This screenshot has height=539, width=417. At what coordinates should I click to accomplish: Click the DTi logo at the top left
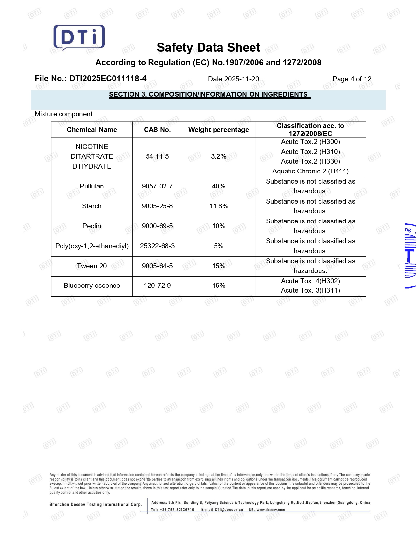point(79,37)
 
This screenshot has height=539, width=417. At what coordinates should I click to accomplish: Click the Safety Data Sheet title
point(208,48)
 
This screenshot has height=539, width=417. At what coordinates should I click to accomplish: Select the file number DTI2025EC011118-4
point(108,79)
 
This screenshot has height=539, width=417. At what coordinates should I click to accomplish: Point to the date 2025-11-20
point(241,79)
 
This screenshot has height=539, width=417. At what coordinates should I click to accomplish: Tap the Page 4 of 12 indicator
point(352,79)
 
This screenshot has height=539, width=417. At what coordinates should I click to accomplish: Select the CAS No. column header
point(157,130)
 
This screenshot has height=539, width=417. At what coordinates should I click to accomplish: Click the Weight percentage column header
point(218,130)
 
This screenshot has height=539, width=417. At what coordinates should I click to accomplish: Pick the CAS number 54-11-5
point(157,156)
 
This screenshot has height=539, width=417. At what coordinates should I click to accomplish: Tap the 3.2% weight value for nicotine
point(218,156)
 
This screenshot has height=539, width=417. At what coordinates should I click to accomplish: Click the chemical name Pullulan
point(92,186)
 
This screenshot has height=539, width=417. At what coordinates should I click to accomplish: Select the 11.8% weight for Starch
point(218,206)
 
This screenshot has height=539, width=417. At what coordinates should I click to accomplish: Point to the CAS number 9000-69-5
point(157,226)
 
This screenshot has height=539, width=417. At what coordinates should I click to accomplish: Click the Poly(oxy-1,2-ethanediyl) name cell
point(92,246)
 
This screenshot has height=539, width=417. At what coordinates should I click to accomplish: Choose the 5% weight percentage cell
point(218,246)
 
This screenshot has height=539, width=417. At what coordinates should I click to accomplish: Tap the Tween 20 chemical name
point(92,266)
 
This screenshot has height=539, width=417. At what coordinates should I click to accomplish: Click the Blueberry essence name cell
point(92,286)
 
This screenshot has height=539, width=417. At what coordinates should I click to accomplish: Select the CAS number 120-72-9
point(157,286)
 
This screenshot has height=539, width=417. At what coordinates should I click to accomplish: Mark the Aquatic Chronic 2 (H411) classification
point(310,171)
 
